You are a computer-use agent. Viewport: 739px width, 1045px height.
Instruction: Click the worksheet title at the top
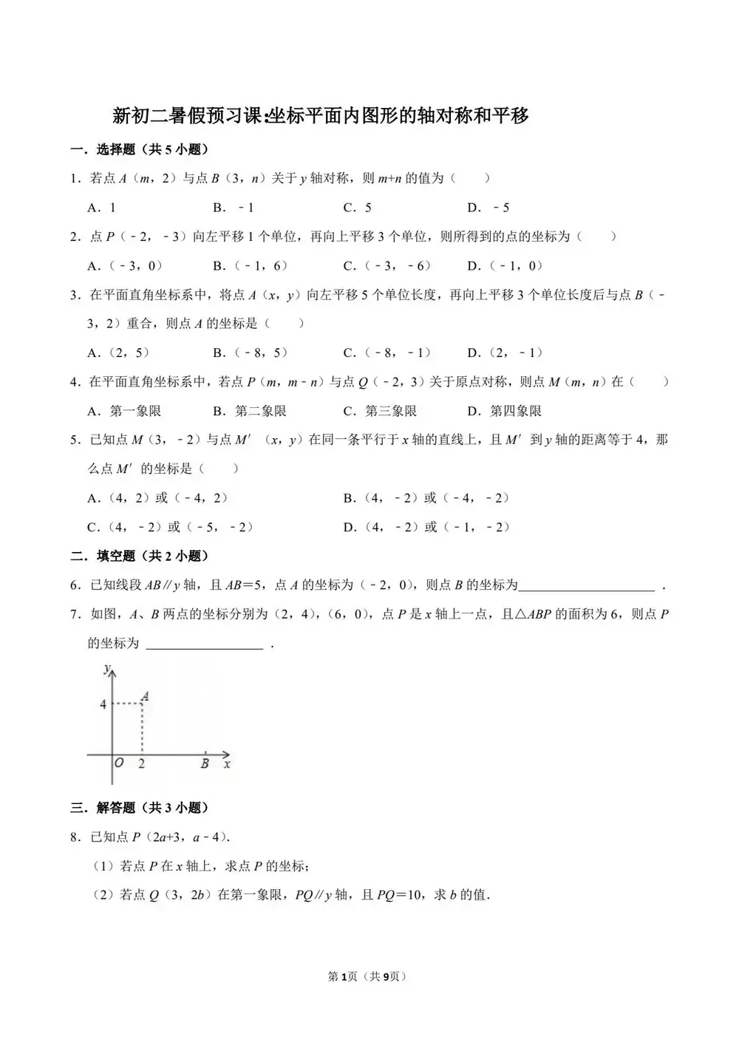[320, 116]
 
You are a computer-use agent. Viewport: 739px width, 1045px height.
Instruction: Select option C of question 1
[358, 208]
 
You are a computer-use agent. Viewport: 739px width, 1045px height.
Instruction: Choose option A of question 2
[125, 266]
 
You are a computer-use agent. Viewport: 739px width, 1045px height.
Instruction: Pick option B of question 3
[251, 353]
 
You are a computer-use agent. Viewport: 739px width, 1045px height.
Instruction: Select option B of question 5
[426, 498]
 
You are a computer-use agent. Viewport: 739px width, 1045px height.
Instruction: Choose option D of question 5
[426, 527]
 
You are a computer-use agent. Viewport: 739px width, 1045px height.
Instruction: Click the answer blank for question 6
[586, 586]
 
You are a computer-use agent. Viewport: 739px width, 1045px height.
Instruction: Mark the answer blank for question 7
[205, 644]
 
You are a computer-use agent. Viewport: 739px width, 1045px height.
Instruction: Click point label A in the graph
[146, 696]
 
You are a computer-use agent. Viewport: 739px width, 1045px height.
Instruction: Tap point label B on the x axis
[205, 764]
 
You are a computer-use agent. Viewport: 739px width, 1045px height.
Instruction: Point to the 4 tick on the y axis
[103, 704]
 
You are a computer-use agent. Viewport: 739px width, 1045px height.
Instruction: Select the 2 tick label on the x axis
[141, 764]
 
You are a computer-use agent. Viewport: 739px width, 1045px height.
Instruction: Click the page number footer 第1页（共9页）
[367, 976]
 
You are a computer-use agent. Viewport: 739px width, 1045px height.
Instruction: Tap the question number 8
[74, 837]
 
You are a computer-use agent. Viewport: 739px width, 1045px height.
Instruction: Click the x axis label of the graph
[227, 764]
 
